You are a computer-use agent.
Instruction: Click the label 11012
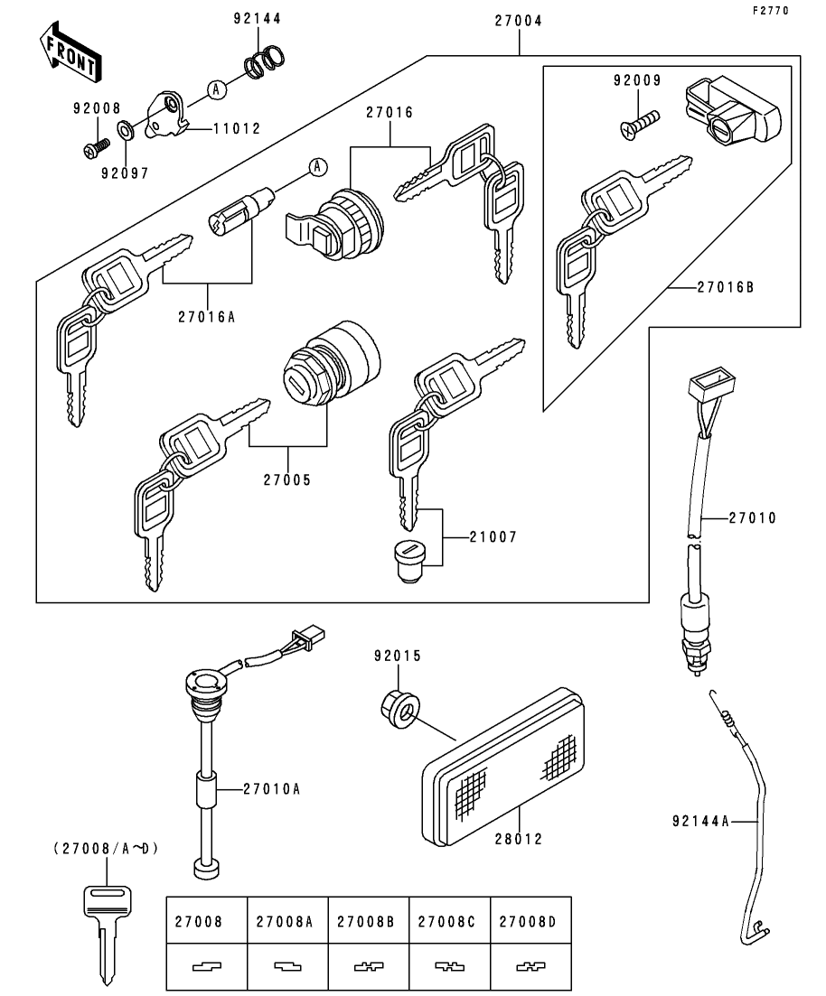pyautogui.click(x=236, y=129)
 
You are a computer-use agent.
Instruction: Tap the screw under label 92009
pyautogui.click(x=639, y=123)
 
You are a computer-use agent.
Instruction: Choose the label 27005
pyautogui.click(x=287, y=479)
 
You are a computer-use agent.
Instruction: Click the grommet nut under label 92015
pyautogui.click(x=399, y=707)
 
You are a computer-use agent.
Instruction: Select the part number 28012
pyautogui.click(x=519, y=839)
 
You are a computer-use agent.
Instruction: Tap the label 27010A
pyautogui.click(x=271, y=788)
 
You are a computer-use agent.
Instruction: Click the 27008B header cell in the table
pyautogui.click(x=368, y=921)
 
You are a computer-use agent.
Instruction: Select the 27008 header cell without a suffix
pyautogui.click(x=207, y=921)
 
